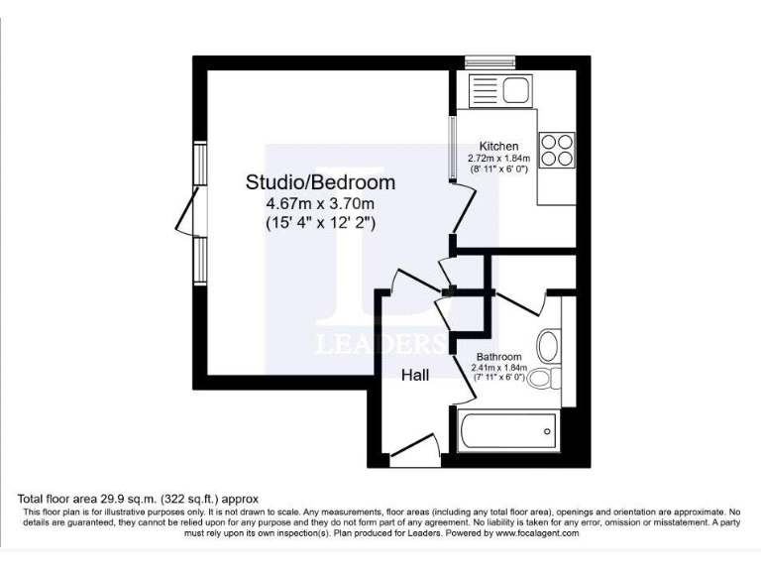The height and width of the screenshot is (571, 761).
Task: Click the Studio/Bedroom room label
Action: [x=320, y=182]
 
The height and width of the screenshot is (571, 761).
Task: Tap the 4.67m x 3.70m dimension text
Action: [x=320, y=204]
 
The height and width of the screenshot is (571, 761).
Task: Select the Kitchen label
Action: [x=498, y=146]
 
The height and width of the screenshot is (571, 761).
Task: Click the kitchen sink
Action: [x=516, y=90]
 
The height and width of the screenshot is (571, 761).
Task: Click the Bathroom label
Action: [x=498, y=357]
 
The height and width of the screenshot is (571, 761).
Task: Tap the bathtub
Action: [x=506, y=431]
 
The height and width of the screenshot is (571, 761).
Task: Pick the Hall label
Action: [x=415, y=376]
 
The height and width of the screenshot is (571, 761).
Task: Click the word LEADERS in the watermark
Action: [x=380, y=345]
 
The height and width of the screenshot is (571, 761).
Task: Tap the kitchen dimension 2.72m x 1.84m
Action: [x=498, y=158]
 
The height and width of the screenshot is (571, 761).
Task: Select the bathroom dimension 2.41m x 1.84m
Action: [x=498, y=368]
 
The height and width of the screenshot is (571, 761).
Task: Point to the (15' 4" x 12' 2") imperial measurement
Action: [x=320, y=224]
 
